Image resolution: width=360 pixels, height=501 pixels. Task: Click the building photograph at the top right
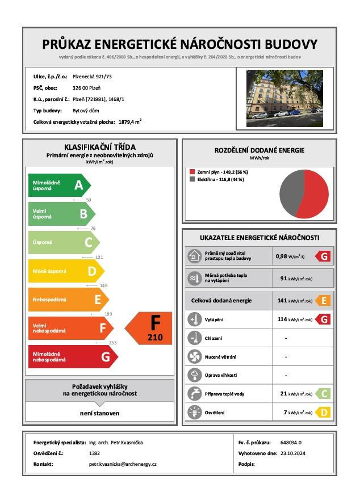pyautogui.click(x=284, y=98)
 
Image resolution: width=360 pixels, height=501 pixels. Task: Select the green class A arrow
pyautogui.click(x=58, y=185)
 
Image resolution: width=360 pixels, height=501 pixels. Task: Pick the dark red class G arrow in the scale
pyautogui.click(x=72, y=357)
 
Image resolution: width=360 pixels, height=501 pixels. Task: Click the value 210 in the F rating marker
pyautogui.click(x=154, y=338)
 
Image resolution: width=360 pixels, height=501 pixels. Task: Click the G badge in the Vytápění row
pyautogui.click(x=323, y=319)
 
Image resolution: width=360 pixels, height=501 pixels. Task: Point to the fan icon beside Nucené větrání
pyautogui.click(x=195, y=357)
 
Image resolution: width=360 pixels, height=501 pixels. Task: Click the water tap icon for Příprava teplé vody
pyautogui.click(x=195, y=394)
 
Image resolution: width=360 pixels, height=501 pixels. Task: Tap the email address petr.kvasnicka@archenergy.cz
pyautogui.click(x=123, y=464)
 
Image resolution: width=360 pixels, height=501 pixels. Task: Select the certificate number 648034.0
pyautogui.click(x=291, y=443)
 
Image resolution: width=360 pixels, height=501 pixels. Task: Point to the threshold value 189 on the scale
pyautogui.click(x=108, y=314)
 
